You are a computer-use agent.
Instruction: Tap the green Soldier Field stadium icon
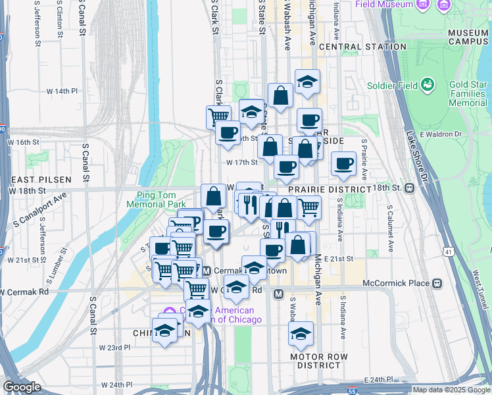coord(428,85)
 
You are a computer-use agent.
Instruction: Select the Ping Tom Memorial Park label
coord(162,199)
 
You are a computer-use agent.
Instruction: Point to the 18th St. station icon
coord(409,188)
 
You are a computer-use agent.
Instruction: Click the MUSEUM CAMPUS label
coord(468,37)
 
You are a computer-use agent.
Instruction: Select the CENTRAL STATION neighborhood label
coord(362,47)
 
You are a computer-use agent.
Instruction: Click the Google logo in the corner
coord(22,387)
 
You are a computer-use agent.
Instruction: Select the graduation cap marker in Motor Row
coord(301,334)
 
